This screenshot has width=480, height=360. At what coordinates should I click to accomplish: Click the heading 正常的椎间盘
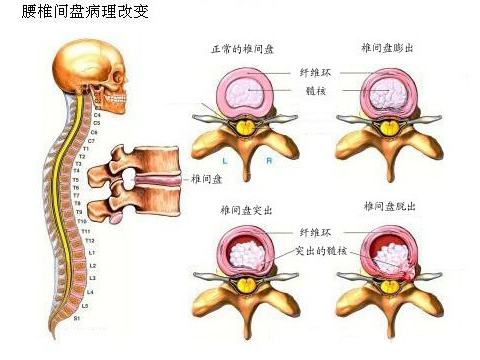click(239, 49)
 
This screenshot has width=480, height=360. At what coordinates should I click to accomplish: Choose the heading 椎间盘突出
click(246, 209)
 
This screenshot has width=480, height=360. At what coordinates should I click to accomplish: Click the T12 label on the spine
click(89, 241)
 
